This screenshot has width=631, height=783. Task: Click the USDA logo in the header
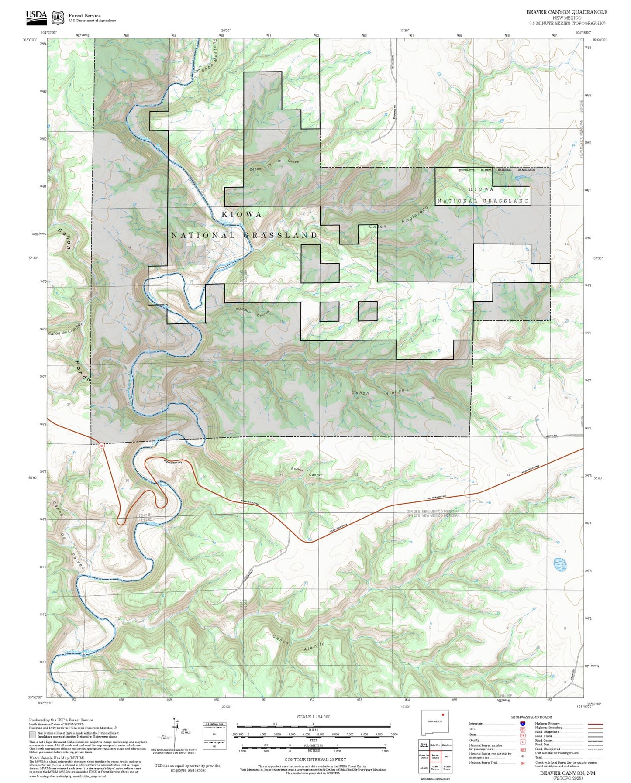36,17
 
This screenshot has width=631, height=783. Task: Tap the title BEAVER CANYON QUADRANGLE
566,12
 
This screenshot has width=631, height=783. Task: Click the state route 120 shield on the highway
102,446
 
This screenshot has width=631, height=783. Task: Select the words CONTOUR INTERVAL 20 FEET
315,759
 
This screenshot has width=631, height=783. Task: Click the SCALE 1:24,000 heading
313,717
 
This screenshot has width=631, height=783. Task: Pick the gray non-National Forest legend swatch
32,735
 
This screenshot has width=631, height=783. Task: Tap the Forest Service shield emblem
58,17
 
